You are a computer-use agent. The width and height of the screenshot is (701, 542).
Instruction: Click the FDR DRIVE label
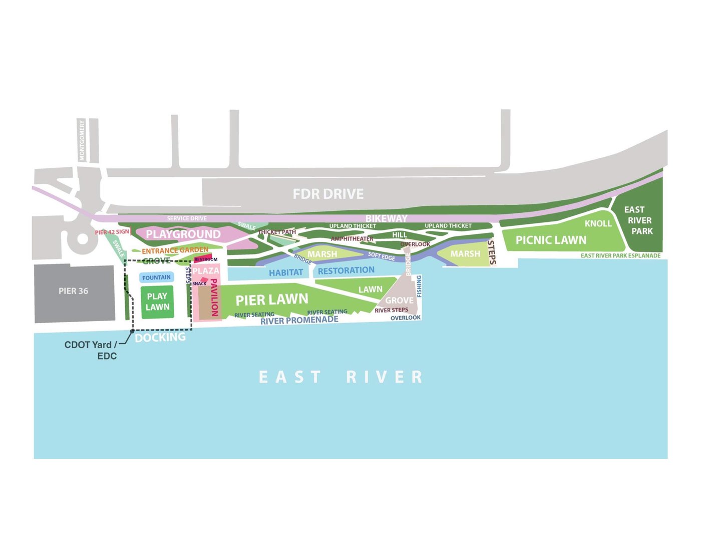coord(328,194)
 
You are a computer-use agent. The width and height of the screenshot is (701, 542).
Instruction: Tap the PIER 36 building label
coord(73,291)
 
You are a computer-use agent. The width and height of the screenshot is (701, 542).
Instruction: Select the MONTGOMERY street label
coord(82,140)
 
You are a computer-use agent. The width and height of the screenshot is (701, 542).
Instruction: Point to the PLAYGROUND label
coord(183,234)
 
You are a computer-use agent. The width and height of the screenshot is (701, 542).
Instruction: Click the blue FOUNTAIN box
coord(157,278)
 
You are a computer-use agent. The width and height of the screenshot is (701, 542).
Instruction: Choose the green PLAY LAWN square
coord(157,302)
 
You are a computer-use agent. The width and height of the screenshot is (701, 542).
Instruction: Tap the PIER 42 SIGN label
coord(112,232)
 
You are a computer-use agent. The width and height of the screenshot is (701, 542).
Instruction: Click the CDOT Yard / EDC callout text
coord(91,350)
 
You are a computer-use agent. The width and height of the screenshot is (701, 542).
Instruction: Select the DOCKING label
coord(160,338)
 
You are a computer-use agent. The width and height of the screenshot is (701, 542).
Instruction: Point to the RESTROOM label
coord(206,259)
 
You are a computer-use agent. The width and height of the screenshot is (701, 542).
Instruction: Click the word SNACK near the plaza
coord(199,284)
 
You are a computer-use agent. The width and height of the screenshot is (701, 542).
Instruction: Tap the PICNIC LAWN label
coord(551,240)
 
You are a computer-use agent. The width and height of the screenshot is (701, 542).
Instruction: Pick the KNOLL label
coord(598,223)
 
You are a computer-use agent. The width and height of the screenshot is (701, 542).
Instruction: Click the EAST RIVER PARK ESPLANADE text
coord(620,255)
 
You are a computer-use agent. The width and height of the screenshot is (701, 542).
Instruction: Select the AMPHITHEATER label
coord(352,239)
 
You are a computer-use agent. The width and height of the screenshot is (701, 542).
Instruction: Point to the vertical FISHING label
coord(419,286)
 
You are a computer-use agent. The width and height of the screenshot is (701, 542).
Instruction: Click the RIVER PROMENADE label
coord(299,321)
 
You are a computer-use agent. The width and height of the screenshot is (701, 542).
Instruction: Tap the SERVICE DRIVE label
coord(187,218)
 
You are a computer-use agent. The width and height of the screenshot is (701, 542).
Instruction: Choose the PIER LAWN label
coord(272,300)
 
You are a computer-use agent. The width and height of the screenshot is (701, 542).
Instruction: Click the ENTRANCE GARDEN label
coord(175,250)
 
